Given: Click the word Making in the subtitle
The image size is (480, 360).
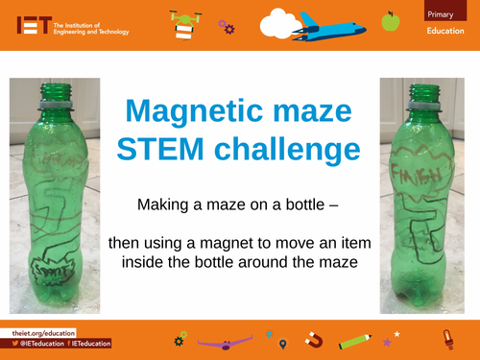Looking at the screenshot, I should [x=161, y=204].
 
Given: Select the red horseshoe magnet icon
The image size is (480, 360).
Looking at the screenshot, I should [x=312, y=338].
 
